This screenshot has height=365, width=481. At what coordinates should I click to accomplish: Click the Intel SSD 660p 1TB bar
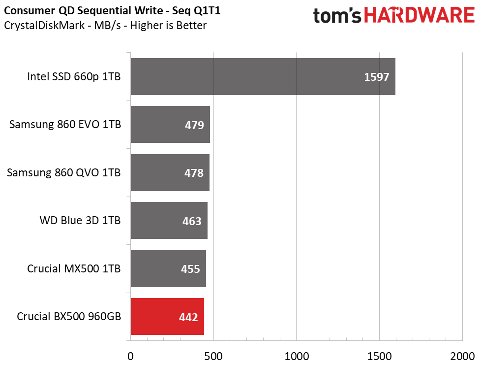(263, 76)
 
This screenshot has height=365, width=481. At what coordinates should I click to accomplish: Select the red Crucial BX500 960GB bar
(168, 316)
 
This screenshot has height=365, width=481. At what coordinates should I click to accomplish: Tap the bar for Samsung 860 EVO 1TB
(170, 125)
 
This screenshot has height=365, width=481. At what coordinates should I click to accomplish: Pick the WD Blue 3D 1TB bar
(169, 220)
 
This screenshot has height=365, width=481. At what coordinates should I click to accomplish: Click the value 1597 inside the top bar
(376, 77)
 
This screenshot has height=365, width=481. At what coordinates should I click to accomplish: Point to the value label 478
(194, 173)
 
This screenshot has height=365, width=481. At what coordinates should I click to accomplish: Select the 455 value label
(190, 269)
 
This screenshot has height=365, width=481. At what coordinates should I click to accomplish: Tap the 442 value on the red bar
(188, 317)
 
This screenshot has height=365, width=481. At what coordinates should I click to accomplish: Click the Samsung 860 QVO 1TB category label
(64, 173)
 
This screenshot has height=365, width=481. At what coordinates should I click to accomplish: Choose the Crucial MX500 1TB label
(74, 268)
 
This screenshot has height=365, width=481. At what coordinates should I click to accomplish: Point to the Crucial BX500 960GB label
(69, 316)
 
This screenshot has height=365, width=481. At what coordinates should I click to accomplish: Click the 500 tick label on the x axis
(213, 357)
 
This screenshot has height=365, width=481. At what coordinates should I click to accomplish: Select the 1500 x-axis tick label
(380, 357)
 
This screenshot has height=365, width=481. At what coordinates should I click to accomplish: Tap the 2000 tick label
(462, 357)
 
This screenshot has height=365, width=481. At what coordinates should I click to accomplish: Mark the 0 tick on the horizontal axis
(130, 357)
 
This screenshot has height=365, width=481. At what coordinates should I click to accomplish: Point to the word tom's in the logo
(337, 16)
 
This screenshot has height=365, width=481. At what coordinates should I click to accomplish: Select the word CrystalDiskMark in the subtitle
(44, 25)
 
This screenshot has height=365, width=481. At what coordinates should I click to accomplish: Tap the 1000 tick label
(297, 357)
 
